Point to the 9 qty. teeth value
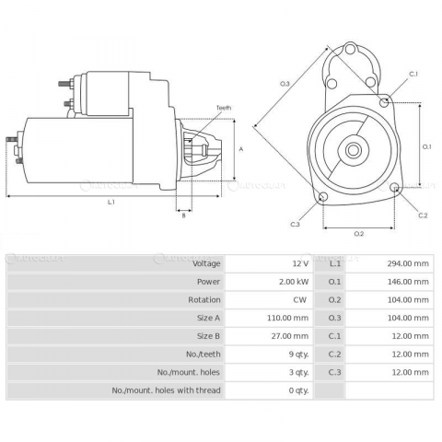point(299,355)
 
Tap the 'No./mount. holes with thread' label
point(167,390)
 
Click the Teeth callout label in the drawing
point(224,108)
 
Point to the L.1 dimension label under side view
point(110,201)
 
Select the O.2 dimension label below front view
point(359,233)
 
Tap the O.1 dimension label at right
point(427,145)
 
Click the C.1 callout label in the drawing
point(413,74)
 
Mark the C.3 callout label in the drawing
point(295,224)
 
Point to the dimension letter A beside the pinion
point(240,148)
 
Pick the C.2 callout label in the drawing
point(423,215)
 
